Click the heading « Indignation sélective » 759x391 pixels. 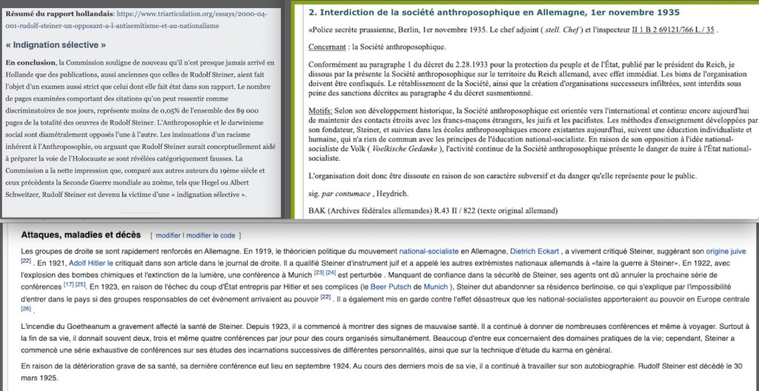pos(56,45)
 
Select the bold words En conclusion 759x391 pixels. pos(30,62)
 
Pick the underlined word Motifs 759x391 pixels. pos(319,110)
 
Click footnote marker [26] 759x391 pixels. pos(26,308)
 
